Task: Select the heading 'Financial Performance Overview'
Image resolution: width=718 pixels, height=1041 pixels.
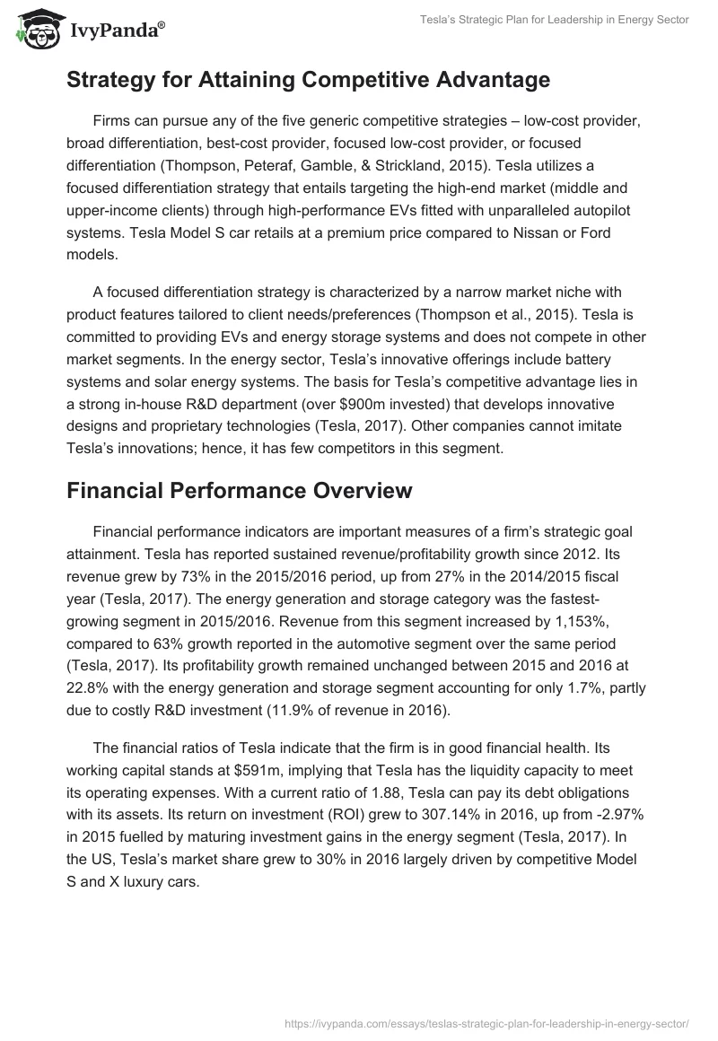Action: click(x=239, y=491)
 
